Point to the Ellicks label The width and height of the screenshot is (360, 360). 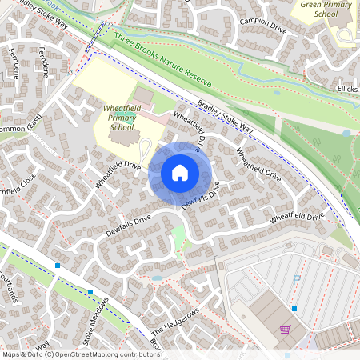click(x=347, y=89)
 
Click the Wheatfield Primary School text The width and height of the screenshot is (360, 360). click(x=122, y=118)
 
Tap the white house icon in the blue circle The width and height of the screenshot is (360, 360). click(x=180, y=172)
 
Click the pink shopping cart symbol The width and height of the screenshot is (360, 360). click(x=285, y=329)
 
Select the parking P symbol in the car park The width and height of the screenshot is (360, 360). click(x=297, y=279)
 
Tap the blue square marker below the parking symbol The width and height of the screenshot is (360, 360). click(x=294, y=308)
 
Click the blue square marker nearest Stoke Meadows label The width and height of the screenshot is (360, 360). click(x=90, y=292)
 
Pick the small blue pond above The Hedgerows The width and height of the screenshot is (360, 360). click(x=156, y=278)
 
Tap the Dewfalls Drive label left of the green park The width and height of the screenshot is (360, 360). click(x=128, y=224)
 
